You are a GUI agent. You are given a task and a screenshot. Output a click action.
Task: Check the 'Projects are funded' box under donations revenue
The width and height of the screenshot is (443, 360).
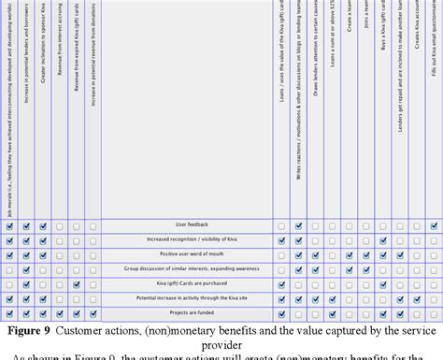tap(93, 314)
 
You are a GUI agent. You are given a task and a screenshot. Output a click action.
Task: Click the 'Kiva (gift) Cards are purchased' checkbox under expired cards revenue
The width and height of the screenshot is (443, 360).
tap(77, 284)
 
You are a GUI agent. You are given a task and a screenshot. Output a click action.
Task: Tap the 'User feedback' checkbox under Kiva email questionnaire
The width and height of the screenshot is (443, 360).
tap(435, 225)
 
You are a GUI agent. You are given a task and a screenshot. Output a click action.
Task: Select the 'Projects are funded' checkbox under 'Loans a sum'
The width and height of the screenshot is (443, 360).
tap(332, 314)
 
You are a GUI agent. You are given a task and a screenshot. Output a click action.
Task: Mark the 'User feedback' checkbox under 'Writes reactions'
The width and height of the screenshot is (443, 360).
tap(298, 225)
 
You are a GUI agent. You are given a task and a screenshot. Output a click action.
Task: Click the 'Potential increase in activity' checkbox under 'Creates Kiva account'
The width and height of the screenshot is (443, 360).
tap(417, 299)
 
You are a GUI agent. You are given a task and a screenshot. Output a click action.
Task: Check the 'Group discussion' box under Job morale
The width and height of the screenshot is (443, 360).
tap(9, 269)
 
